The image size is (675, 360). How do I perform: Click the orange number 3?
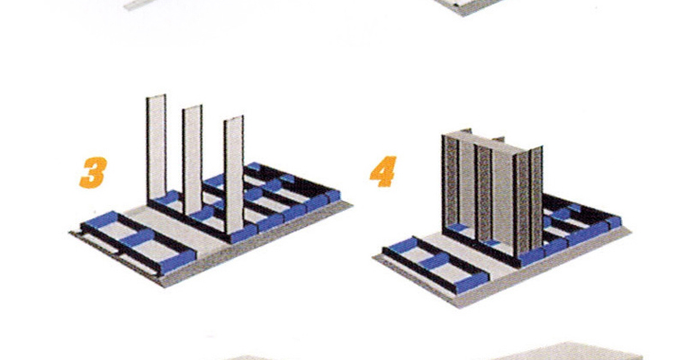click(x=93, y=172)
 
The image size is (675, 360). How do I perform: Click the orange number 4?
click(x=383, y=171)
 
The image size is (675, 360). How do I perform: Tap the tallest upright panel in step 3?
click(x=157, y=148)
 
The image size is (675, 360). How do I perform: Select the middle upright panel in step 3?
click(x=192, y=160)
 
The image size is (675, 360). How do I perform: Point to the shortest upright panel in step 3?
click(x=234, y=175)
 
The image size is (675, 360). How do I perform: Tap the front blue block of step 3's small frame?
click(x=177, y=261)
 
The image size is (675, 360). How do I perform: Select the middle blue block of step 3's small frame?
click(x=138, y=238)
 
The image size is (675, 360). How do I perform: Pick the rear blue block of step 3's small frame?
click(x=100, y=220)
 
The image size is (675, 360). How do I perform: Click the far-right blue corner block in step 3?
click(x=333, y=196)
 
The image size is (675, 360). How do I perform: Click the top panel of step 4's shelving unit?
click(x=490, y=140)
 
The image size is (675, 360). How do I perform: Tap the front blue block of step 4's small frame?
click(x=472, y=283)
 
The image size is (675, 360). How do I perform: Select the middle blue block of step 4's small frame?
click(x=436, y=261)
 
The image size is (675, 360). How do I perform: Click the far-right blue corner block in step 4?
click(x=614, y=222)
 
